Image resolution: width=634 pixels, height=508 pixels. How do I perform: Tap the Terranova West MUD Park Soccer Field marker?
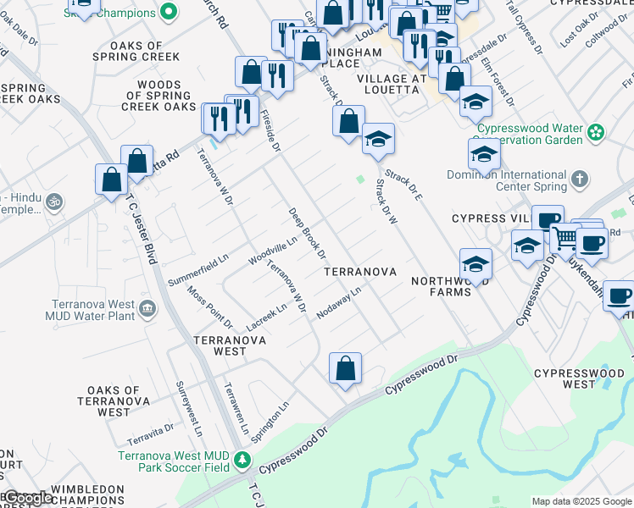243,460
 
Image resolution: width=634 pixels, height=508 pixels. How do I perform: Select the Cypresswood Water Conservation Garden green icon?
597,132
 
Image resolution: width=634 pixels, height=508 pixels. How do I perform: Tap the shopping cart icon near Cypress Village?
564,238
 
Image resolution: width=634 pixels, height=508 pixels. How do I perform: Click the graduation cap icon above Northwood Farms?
475,265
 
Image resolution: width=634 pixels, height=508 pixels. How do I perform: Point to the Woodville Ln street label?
272,250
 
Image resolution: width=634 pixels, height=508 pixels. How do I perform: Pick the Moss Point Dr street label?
210,306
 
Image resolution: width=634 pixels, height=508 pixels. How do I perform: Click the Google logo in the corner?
27,498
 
